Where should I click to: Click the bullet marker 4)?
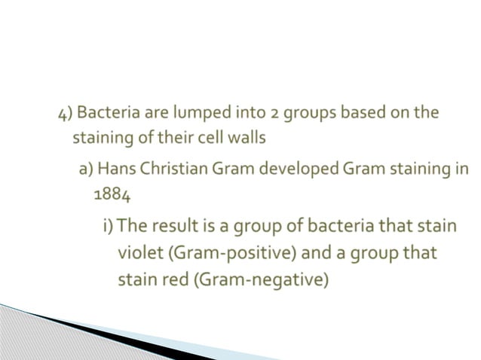pos(66,114)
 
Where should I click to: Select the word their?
pos(182,139)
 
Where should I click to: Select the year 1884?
pos(111,194)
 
